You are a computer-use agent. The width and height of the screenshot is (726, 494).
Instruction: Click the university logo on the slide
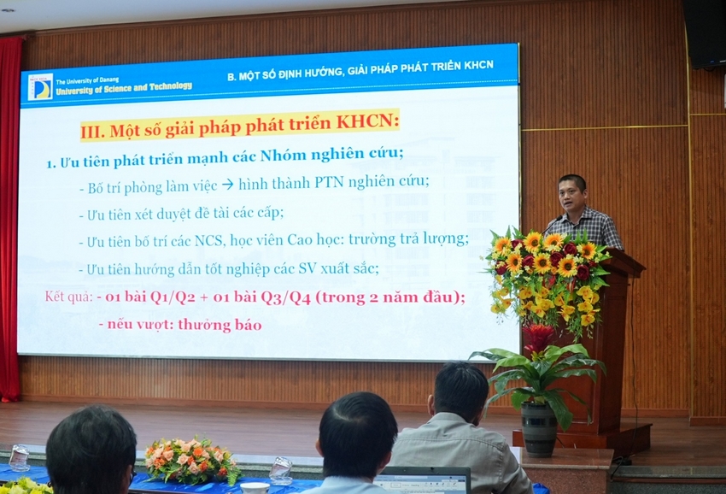click(40, 86)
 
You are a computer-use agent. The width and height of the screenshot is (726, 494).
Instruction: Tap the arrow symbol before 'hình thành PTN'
click(227, 185)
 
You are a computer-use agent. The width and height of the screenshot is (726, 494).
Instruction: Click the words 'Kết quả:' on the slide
click(69, 297)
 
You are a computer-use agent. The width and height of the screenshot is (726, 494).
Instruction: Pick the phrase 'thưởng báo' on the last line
click(220, 325)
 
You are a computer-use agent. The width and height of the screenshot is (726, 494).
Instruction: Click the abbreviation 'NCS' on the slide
click(208, 241)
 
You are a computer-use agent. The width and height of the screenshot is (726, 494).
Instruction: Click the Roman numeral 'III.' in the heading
click(93, 131)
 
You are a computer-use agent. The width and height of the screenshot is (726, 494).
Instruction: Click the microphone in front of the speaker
click(553, 224)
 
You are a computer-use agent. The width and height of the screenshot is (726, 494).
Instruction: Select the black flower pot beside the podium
click(540, 428)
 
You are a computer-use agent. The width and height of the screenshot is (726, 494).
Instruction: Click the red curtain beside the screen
click(10, 218)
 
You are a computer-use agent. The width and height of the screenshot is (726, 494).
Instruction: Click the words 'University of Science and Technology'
click(124, 87)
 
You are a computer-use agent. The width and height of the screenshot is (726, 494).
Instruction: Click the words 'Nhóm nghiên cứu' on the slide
click(331, 155)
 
